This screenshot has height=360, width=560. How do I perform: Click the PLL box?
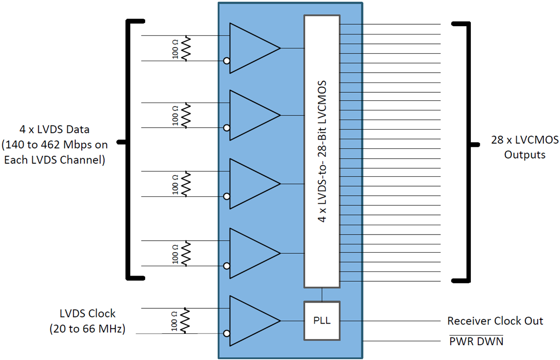pyautogui.click(x=322, y=321)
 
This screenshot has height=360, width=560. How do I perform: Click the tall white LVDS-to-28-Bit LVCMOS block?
pyautogui.click(x=322, y=152)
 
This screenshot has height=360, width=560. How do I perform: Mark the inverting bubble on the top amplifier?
pyautogui.click(x=226, y=61)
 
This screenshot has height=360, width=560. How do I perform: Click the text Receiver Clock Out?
pyautogui.click(x=495, y=321)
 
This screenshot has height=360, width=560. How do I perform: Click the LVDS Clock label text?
pyautogui.click(x=87, y=313)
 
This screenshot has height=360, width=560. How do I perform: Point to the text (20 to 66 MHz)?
pyautogui.click(x=87, y=329)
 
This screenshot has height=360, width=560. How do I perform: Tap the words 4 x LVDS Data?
pyautogui.click(x=54, y=129)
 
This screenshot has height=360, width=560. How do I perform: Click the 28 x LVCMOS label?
pyautogui.click(x=525, y=139)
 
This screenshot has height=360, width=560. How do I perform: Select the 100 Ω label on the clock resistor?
pyautogui.click(x=175, y=321)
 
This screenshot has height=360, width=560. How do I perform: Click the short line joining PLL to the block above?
pyautogui.click(x=322, y=294)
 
